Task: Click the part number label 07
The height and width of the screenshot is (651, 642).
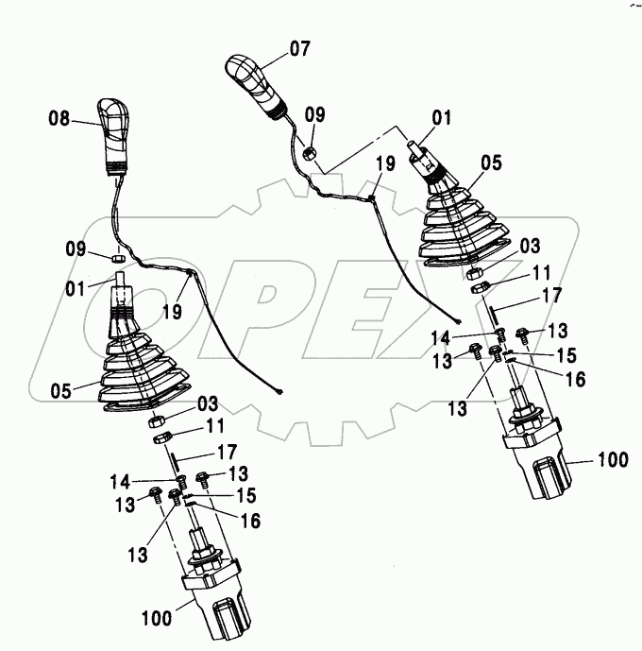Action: click(299, 46)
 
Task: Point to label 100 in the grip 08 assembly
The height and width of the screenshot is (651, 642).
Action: click(158, 619)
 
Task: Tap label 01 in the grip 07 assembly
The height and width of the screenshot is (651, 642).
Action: click(442, 118)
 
